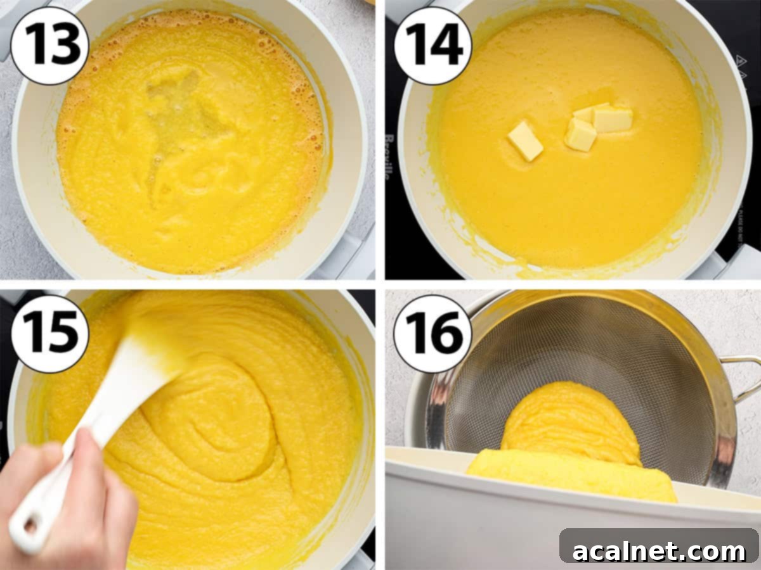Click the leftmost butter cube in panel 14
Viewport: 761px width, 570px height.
526,141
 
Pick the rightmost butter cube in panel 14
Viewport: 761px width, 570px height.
612,119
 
